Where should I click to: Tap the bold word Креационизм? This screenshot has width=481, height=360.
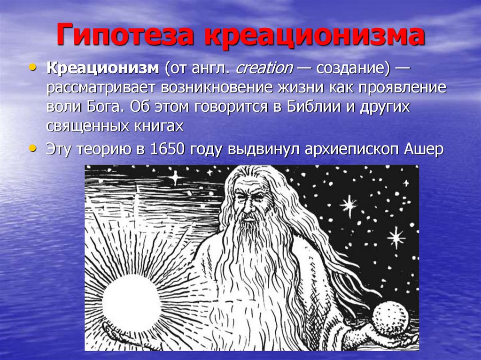(x=103, y=69)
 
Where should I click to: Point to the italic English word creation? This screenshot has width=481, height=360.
(x=264, y=69)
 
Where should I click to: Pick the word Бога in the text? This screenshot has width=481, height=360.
(x=100, y=107)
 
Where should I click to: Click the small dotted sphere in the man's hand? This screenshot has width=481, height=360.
(x=389, y=319)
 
